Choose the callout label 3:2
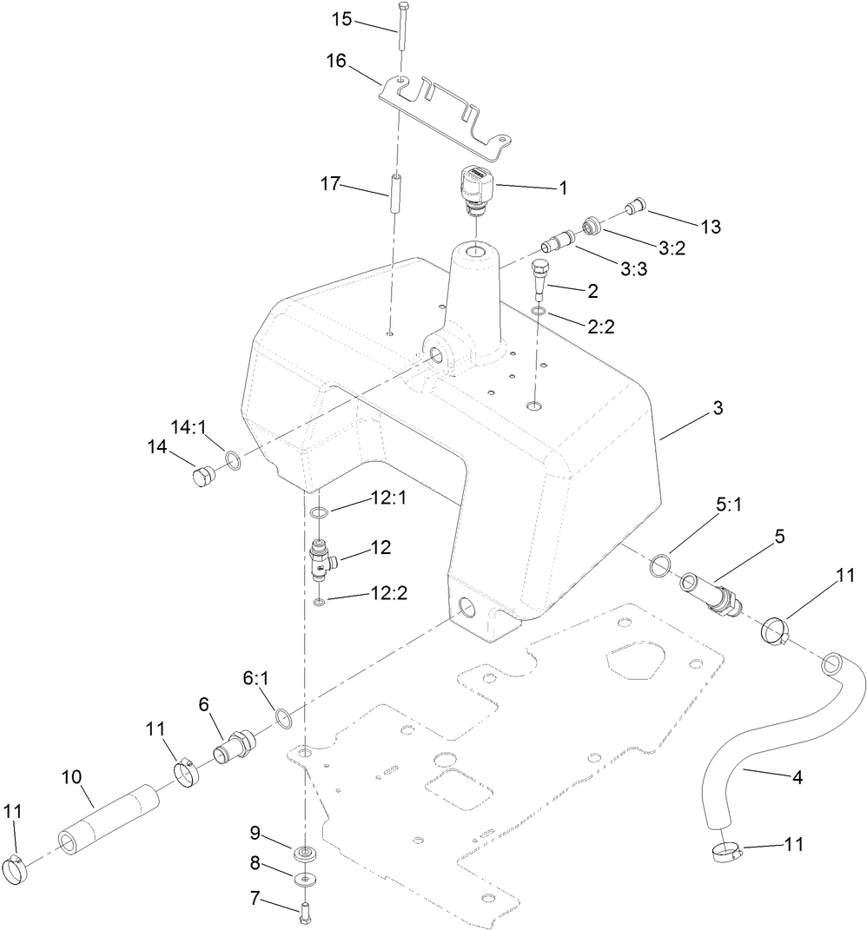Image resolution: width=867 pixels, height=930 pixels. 672,248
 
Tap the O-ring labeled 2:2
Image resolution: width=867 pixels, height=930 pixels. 539,311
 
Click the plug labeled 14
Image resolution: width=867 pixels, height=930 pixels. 203,478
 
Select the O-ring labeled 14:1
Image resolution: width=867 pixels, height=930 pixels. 233,459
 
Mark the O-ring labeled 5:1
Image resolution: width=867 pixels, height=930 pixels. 660,564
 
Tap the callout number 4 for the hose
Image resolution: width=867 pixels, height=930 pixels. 797,777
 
